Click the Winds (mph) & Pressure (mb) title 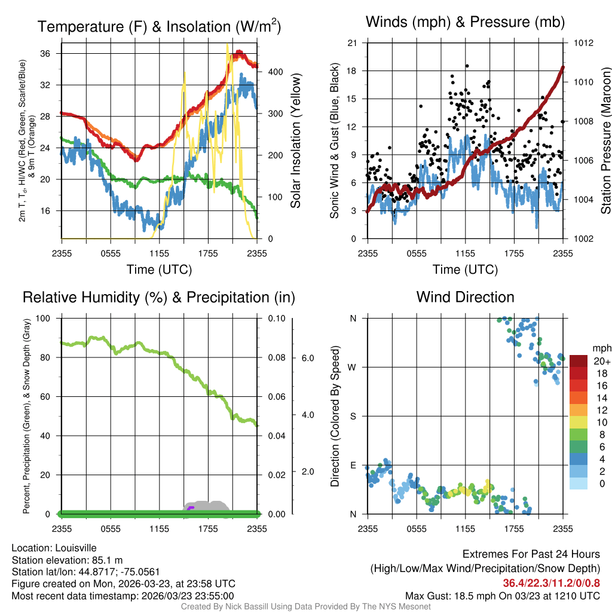point(465,22)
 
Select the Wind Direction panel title point(465,297)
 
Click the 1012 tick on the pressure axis point(585,43)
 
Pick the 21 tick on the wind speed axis point(352,43)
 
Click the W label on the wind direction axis point(353,367)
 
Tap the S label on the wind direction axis point(353,416)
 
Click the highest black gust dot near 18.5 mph point(467,66)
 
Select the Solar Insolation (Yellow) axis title point(295,141)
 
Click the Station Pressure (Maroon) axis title point(605,141)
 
